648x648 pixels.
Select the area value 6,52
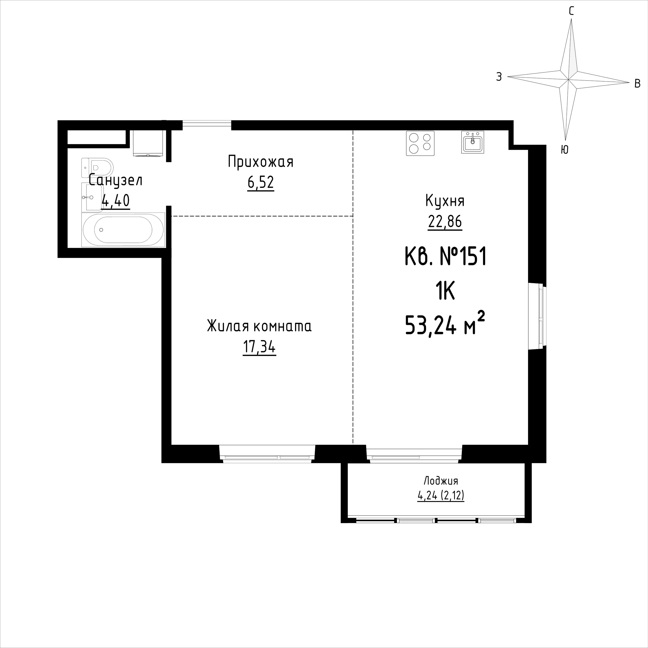click(x=261, y=183)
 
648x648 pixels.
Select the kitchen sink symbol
click(x=473, y=142)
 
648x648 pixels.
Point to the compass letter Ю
click(x=564, y=150)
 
